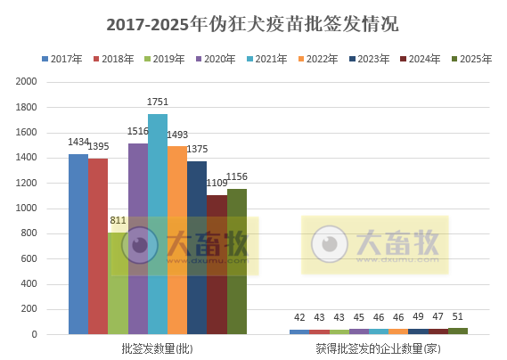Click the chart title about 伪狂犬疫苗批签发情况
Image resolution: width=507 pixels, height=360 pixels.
click(x=253, y=24)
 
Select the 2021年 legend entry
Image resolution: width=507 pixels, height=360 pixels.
click(x=271, y=59)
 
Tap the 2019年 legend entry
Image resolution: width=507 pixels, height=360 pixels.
click(x=169, y=59)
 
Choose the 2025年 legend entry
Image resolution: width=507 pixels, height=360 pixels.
click(x=474, y=59)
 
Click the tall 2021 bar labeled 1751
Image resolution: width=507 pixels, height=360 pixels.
click(x=158, y=224)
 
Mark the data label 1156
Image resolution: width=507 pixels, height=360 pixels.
click(x=237, y=177)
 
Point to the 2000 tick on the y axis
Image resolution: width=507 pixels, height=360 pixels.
click(x=27, y=81)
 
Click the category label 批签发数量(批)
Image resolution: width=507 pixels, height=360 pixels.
click(x=158, y=348)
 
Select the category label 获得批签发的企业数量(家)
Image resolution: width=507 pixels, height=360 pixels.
click(x=378, y=348)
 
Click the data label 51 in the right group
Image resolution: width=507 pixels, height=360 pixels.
click(x=458, y=317)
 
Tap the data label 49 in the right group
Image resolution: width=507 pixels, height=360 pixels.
click(x=418, y=317)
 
